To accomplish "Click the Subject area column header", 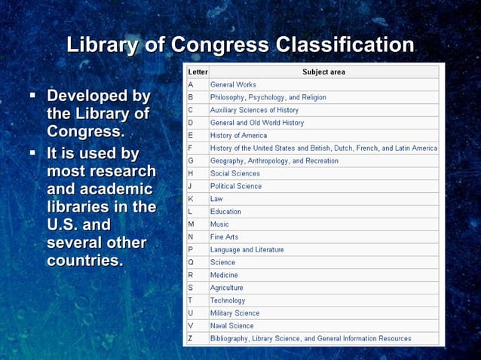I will point(323,72).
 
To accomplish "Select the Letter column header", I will point(198,72).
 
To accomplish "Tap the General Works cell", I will point(233,84).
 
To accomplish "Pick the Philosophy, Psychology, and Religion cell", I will point(268,97).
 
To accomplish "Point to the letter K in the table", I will point(191,199).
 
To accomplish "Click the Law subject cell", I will point(216,199).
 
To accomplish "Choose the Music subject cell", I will point(219,224).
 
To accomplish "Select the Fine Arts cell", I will point(225,237).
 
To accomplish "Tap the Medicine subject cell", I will point(224,275).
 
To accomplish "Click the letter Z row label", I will point(191,338).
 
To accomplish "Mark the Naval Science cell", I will point(231,325).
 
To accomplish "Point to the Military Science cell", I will point(234,313).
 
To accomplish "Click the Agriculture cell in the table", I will point(226,288).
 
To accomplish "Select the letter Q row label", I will point(191,262).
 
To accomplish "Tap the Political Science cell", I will point(236,186).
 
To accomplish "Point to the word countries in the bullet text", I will point(84,261).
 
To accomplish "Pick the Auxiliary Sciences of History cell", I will point(254,110).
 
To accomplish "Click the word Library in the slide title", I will point(103,45).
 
